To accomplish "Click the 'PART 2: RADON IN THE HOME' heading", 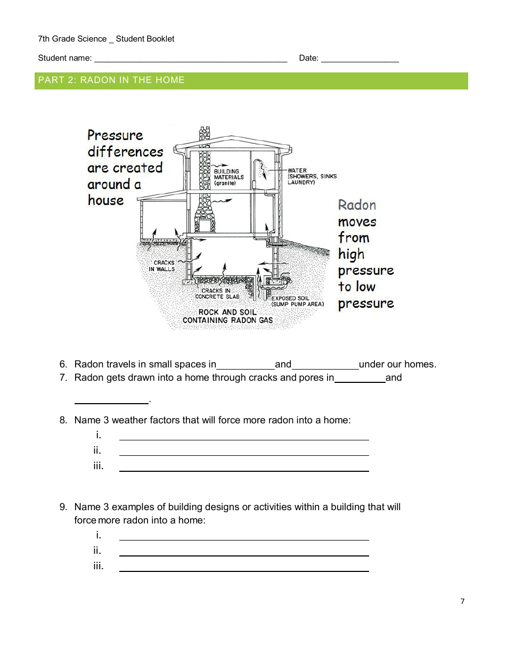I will (x=111, y=80).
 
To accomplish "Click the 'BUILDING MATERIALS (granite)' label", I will (x=228, y=177).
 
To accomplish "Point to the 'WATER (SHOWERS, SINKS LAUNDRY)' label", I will (x=312, y=176).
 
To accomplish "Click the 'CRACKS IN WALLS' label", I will (x=164, y=266).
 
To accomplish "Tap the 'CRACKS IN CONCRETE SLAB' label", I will (x=217, y=293).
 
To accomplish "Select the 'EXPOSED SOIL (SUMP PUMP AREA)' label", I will (x=297, y=301).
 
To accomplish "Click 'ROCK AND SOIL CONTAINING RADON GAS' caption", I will (x=227, y=316).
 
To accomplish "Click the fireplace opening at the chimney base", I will (x=204, y=225).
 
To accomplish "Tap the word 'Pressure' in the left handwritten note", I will (x=116, y=135).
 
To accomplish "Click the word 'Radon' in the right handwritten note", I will (x=357, y=205).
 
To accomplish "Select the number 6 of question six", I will (x=63, y=365).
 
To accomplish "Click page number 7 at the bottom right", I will (x=462, y=602).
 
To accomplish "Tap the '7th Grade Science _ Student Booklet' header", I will (x=106, y=39).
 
